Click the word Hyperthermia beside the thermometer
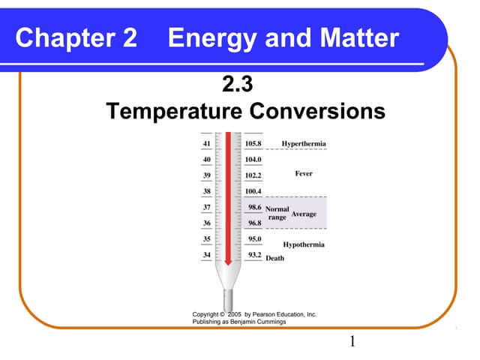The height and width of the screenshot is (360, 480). coord(304,143)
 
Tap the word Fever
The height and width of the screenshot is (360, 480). coord(304,174)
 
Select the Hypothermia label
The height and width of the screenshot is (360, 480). coord(304,244)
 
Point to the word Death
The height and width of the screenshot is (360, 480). coord(275,258)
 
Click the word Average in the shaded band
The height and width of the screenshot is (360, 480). coord(304,214)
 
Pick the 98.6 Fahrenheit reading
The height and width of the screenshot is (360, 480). coord(254,206)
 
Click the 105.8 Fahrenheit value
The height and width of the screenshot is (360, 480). coord(253,143)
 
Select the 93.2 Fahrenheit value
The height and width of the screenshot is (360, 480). coord(254,255)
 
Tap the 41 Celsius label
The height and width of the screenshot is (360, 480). coord(206,143)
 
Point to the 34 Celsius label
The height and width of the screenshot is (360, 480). coord(206,255)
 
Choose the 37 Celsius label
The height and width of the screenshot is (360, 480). coord(206,207)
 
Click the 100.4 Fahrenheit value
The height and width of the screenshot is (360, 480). coord(253,191)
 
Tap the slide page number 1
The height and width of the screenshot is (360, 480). coord(352,343)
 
